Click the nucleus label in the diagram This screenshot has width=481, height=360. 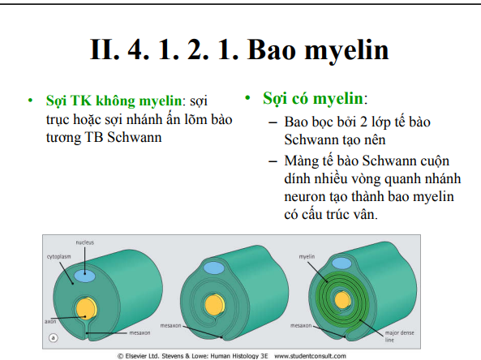85,242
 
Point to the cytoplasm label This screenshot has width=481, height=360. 61,256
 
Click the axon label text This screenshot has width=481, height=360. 50,321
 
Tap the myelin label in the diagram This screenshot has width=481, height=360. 306,256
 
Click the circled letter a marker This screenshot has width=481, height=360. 54,339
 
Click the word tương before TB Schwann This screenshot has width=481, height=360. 63,137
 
